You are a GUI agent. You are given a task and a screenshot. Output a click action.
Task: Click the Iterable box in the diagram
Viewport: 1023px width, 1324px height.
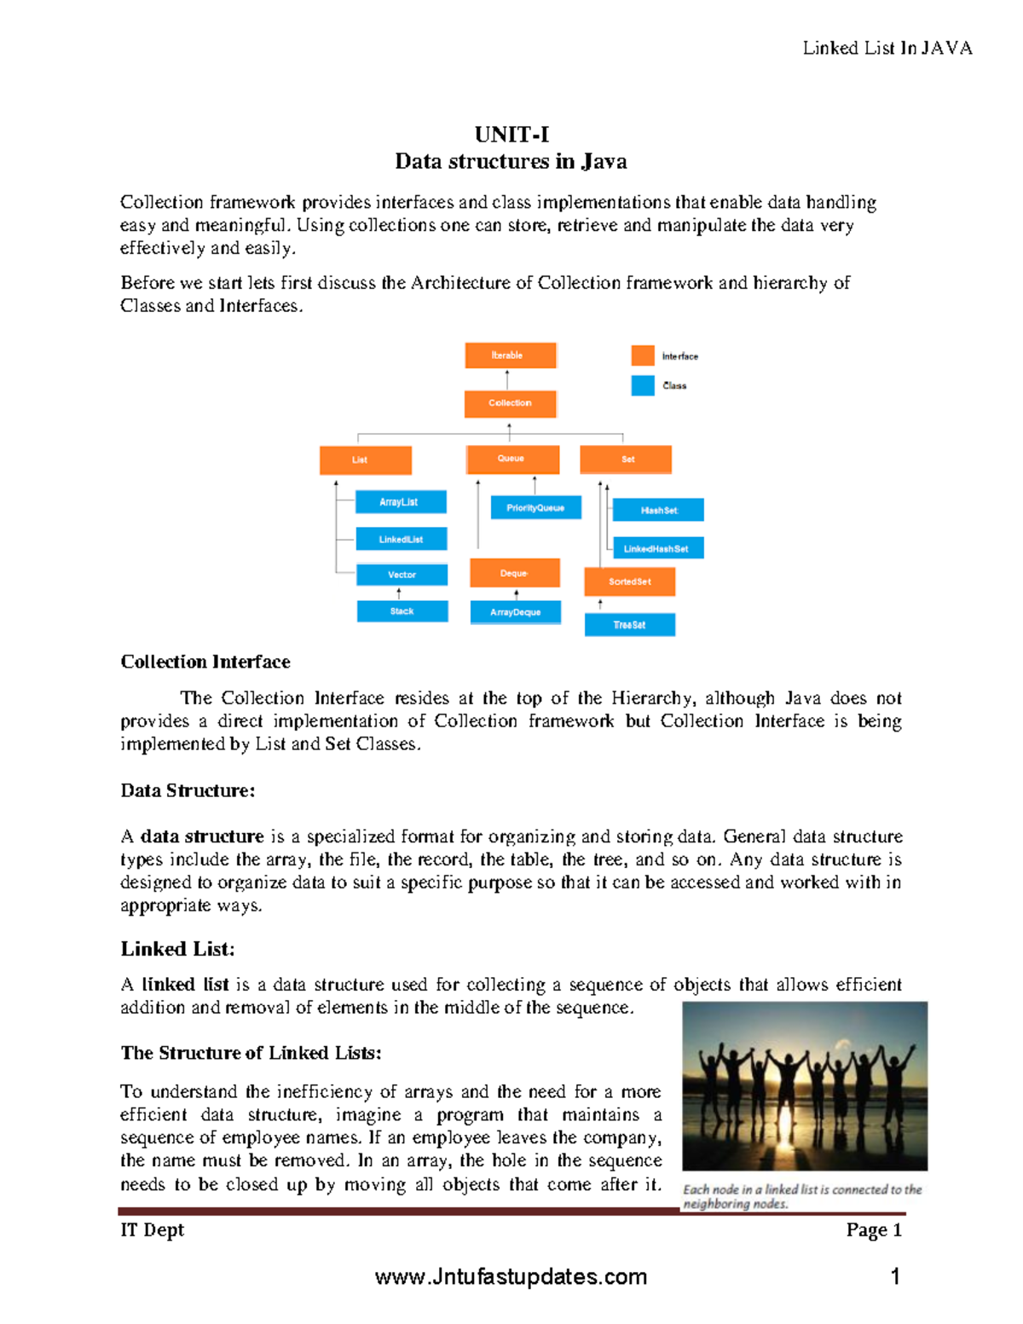(x=510, y=356)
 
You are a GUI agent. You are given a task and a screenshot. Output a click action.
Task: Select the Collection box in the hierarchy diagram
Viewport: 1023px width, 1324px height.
(x=510, y=403)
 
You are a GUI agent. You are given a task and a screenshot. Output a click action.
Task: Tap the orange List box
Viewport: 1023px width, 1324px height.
(x=365, y=460)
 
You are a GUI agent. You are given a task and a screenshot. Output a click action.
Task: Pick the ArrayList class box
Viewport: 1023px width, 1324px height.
(x=400, y=502)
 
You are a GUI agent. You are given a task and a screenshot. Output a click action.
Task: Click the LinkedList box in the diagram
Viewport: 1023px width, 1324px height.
(x=401, y=540)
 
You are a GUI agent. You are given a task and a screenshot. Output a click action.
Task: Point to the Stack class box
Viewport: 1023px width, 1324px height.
(x=402, y=611)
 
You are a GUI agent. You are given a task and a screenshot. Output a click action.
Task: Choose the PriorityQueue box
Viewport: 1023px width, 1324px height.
(x=535, y=508)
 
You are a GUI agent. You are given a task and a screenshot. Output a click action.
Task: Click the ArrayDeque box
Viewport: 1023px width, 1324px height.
(x=515, y=612)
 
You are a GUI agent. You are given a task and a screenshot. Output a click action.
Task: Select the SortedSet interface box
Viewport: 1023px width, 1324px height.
(x=629, y=582)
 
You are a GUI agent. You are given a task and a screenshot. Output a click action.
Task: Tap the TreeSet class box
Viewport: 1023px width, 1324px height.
(x=629, y=625)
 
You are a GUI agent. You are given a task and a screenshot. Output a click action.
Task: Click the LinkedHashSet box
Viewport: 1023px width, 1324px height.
(x=657, y=548)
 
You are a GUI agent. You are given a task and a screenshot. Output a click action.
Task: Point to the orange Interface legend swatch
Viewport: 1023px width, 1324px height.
(x=643, y=356)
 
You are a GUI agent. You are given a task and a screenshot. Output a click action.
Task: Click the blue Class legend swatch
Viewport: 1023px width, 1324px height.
(x=643, y=385)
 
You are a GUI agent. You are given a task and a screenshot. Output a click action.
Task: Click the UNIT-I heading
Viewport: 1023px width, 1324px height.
(x=511, y=135)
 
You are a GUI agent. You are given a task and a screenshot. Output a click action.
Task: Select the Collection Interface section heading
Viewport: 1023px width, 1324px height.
(x=205, y=662)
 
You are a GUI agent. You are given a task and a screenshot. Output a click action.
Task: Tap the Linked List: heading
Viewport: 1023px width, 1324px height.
(x=177, y=950)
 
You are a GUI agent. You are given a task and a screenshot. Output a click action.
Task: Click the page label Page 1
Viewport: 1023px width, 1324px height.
(x=873, y=1230)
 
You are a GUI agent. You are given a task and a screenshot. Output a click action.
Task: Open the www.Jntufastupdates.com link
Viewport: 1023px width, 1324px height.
(x=511, y=1277)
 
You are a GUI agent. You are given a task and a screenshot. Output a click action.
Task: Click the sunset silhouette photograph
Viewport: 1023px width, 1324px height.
(x=805, y=1086)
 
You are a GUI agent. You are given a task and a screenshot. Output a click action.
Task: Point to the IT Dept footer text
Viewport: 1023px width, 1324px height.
(x=153, y=1230)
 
